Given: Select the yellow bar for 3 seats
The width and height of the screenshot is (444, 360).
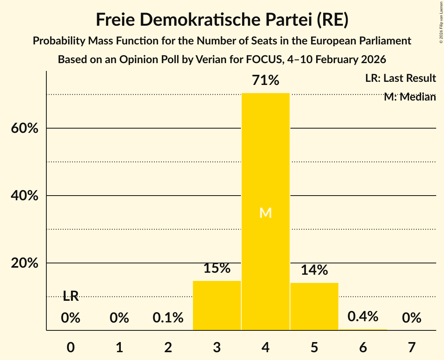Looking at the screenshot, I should [217, 305].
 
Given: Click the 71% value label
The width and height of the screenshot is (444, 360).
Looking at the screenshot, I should [265, 81].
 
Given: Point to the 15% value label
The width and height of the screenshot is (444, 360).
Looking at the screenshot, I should [217, 268].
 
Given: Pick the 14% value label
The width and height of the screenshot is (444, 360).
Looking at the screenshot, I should [314, 270].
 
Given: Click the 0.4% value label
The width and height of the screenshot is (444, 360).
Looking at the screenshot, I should [363, 316].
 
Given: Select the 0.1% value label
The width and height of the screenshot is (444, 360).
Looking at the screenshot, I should [168, 318].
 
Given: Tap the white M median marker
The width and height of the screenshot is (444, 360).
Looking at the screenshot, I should [265, 213].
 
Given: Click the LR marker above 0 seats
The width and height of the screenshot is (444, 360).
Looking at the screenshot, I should [71, 296].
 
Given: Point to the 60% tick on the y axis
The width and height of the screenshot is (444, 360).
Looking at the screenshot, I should [25, 128].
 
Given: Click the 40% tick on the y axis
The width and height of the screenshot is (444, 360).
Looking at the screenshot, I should [25, 196].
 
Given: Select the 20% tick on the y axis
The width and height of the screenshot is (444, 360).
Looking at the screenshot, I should [25, 263].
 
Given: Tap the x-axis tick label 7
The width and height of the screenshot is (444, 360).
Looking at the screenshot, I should [412, 347].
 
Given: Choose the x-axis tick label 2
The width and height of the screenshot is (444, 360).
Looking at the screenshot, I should [168, 347].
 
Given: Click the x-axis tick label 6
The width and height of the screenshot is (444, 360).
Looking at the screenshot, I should [363, 347].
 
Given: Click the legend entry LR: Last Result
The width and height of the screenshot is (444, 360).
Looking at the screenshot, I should [400, 78].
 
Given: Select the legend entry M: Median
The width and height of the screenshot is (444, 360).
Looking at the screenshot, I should [410, 97].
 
